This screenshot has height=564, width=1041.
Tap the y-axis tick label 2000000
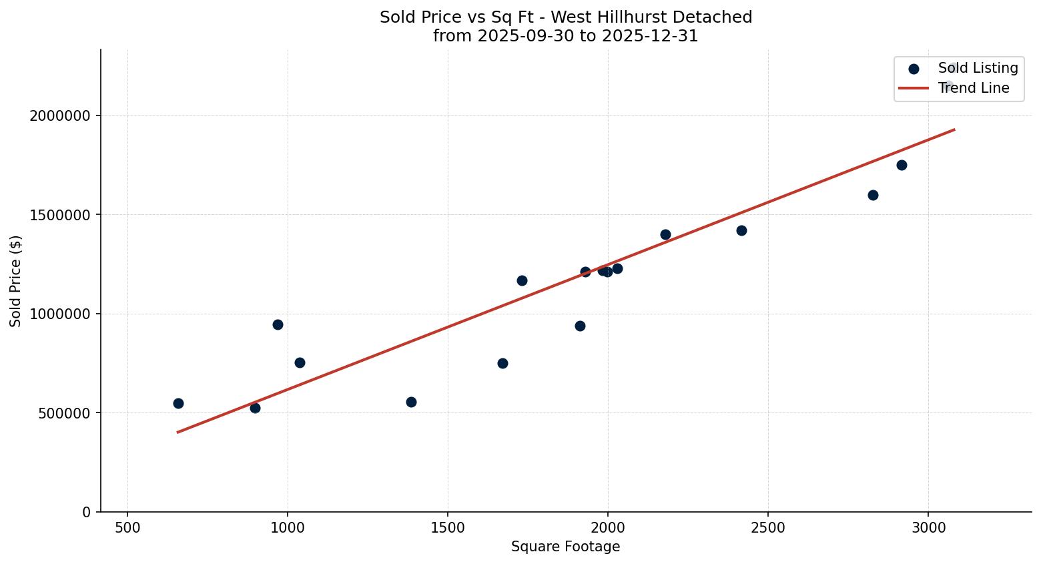(59, 116)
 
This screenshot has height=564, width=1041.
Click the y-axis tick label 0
(86, 512)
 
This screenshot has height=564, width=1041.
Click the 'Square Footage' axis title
(565, 547)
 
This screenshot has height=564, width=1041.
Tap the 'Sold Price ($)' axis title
(16, 281)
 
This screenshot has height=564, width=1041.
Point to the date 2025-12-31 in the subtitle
(650, 36)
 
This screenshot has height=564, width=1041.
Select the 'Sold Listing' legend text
(978, 68)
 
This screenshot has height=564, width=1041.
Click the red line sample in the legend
(914, 88)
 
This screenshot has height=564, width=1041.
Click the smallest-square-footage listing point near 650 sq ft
(178, 403)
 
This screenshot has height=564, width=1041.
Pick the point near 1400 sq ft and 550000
(411, 402)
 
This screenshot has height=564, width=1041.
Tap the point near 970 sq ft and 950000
(278, 324)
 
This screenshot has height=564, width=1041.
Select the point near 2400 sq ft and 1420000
(741, 230)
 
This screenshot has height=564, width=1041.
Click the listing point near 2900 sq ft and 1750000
(902, 165)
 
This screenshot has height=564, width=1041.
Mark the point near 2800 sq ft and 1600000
(873, 195)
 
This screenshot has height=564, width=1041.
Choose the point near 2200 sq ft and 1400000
(665, 234)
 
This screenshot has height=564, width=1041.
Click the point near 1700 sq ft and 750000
(502, 363)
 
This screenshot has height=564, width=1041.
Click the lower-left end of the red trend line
(178, 432)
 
